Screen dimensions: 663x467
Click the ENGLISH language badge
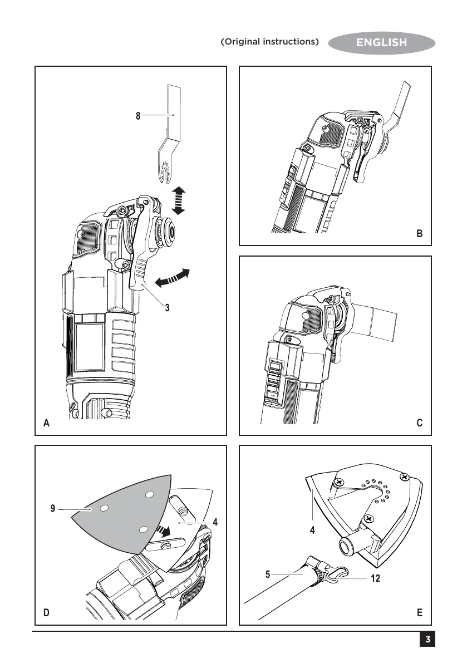tap(381, 42)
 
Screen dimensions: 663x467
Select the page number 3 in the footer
tap(426, 640)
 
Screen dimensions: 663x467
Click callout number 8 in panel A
tap(137, 116)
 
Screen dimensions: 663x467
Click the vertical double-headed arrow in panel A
tap(179, 202)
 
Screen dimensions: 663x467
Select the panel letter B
tap(419, 234)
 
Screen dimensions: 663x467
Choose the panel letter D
tap(48, 613)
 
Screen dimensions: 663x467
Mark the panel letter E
tap(419, 613)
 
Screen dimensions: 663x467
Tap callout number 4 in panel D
tap(214, 523)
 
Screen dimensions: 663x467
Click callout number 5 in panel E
tap(268, 572)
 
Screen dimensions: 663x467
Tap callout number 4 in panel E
tap(313, 531)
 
